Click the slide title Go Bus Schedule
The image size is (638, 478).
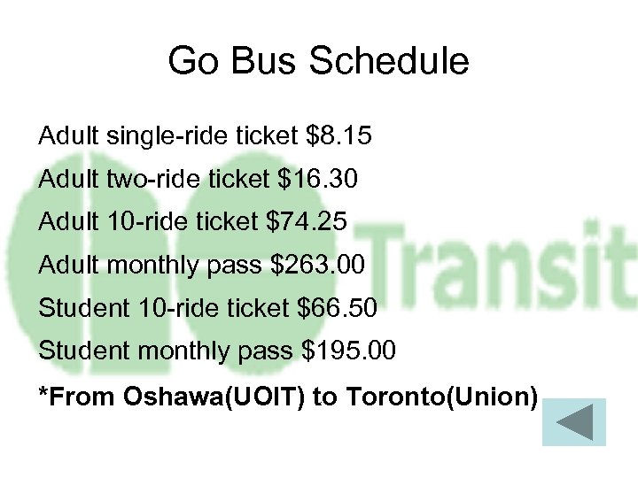[318, 62]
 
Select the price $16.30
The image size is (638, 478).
[318, 181]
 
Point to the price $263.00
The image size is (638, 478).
[322, 266]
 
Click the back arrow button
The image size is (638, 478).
[573, 422]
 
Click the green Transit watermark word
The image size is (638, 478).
[505, 266]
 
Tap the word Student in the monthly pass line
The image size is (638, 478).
[84, 351]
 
